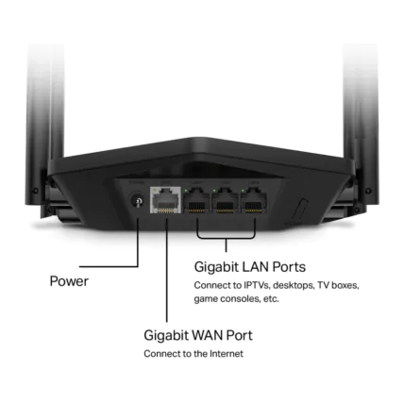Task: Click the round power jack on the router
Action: click(139, 201)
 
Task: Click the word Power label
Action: click(71, 281)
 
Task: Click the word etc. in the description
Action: click(270, 298)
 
